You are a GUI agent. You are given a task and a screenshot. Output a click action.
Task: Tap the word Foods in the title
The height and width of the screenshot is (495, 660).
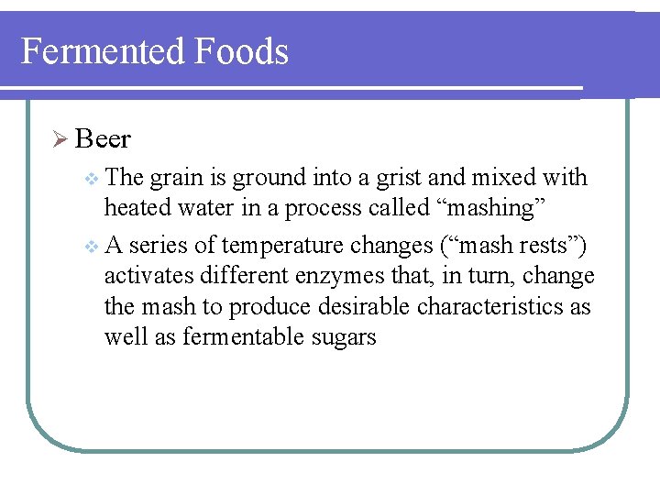(x=241, y=51)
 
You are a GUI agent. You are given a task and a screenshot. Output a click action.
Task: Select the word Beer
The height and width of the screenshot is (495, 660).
(x=103, y=139)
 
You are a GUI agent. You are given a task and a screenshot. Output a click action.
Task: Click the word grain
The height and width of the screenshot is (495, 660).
(x=173, y=178)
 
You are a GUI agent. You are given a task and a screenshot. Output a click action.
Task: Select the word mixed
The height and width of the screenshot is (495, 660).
(x=520, y=178)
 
